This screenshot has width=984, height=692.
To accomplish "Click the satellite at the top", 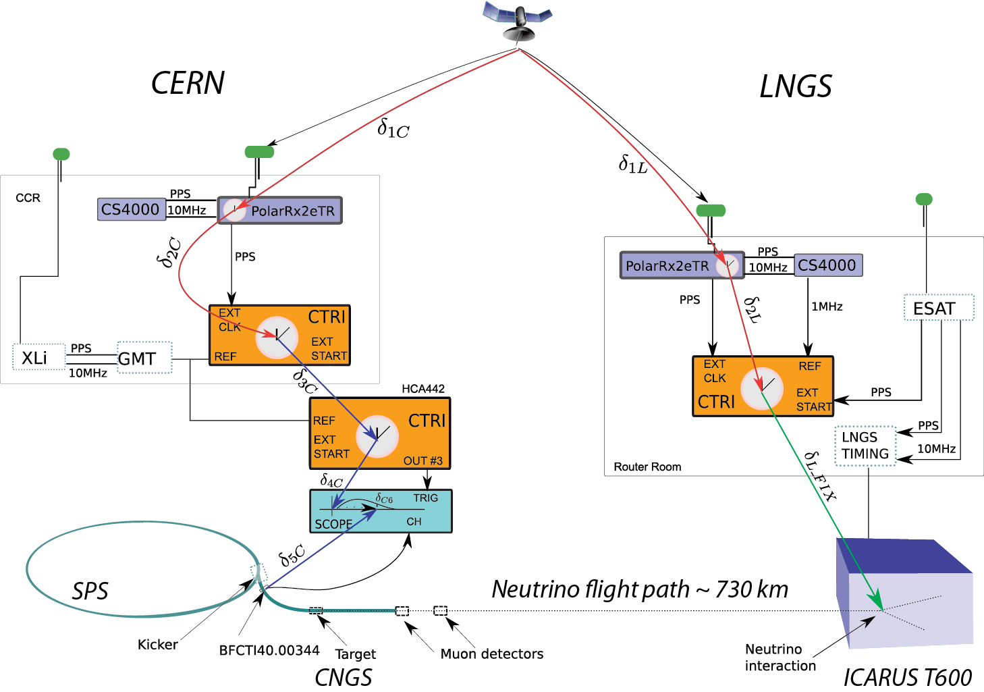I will coord(518,21).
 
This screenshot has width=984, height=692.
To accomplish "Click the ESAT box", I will coord(938,308).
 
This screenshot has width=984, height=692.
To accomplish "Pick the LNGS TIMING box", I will coord(865,446).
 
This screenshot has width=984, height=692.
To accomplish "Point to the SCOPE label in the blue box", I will coord(333,524).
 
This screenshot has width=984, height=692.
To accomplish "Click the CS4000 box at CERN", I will coord(131,209).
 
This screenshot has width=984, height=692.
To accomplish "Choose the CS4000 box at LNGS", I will coord(827,265).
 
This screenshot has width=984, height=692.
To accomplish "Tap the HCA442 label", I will coord(423,389).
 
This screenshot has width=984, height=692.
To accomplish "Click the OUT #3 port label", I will coord(423,461).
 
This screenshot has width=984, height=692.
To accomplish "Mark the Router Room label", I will coord(647,467).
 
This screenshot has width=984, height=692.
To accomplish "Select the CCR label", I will coord(28,198).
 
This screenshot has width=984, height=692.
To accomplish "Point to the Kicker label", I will coord(157,645).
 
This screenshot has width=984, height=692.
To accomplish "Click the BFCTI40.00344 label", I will coord(269,651).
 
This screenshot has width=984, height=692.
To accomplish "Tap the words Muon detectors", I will coord(491,654).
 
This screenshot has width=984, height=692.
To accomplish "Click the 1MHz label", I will coord(827,307).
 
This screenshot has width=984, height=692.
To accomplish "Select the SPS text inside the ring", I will coord(90,591).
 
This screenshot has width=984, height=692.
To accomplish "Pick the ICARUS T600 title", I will coord(907,677).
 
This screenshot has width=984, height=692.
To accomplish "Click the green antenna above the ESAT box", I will coord(924,199).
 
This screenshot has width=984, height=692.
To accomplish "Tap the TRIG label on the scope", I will coord(425,498).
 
